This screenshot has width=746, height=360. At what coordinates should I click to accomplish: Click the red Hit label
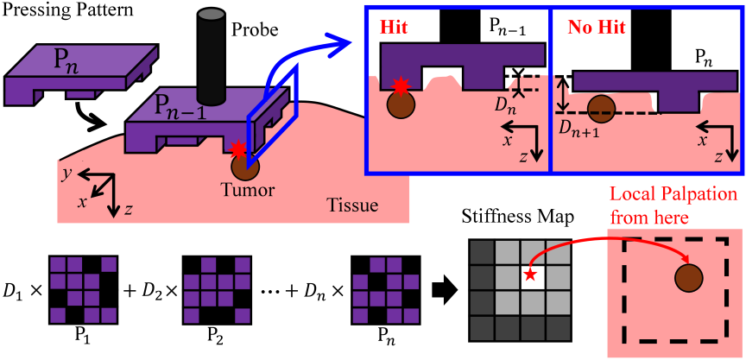[x=395, y=27]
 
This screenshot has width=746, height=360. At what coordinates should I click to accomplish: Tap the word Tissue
[x=352, y=206]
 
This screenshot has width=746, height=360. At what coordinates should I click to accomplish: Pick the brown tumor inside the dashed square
[x=689, y=279]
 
